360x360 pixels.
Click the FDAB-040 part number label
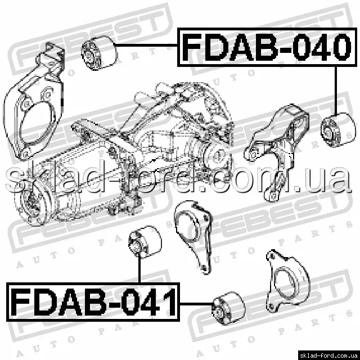[x=267, y=47]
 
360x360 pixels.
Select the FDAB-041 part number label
[x=93, y=302]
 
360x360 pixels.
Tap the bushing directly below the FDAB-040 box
[x=338, y=130]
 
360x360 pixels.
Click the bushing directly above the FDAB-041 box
[x=145, y=242]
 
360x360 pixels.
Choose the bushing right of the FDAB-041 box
[x=228, y=308]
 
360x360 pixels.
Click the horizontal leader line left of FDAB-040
[x=146, y=45]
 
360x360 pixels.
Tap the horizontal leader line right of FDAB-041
[x=196, y=304]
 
